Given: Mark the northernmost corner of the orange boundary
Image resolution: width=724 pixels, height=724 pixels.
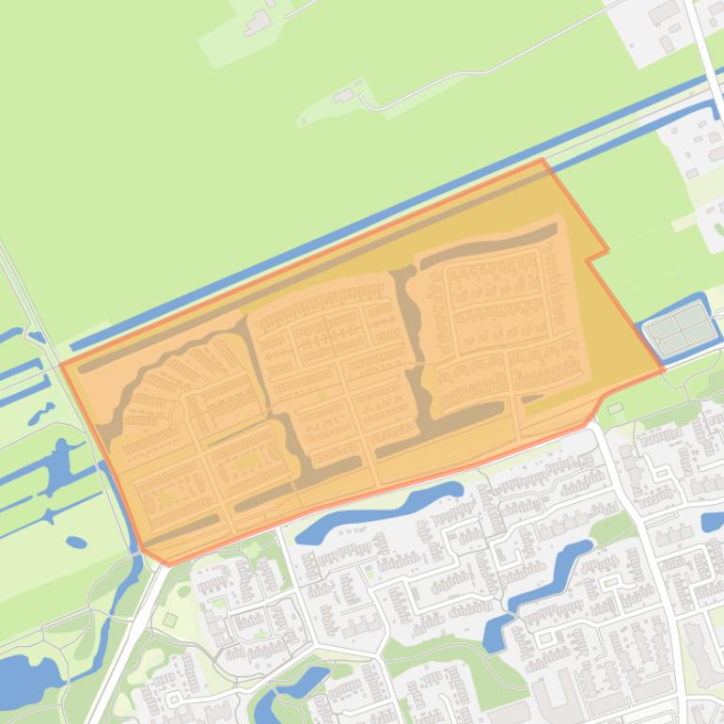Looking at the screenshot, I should click(x=543, y=160).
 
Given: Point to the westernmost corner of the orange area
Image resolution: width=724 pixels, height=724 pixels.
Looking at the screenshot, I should click(x=62, y=363).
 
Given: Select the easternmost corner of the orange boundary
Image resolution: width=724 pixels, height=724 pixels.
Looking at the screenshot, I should click(x=663, y=370).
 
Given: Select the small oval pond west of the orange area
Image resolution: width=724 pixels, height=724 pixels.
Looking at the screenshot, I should click(x=76, y=542).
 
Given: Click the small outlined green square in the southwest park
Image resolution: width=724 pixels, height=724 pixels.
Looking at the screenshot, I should click(x=169, y=620).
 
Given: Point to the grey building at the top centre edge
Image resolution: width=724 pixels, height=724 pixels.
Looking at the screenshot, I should click(x=258, y=22).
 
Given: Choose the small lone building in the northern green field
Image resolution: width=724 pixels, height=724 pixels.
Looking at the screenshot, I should click(x=344, y=95).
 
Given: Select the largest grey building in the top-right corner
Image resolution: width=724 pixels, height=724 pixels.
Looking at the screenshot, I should click(x=664, y=12).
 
